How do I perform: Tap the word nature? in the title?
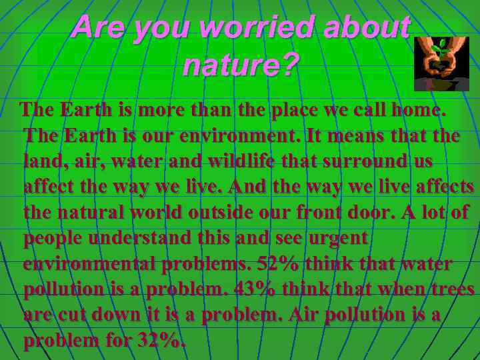[x=241, y=65]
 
